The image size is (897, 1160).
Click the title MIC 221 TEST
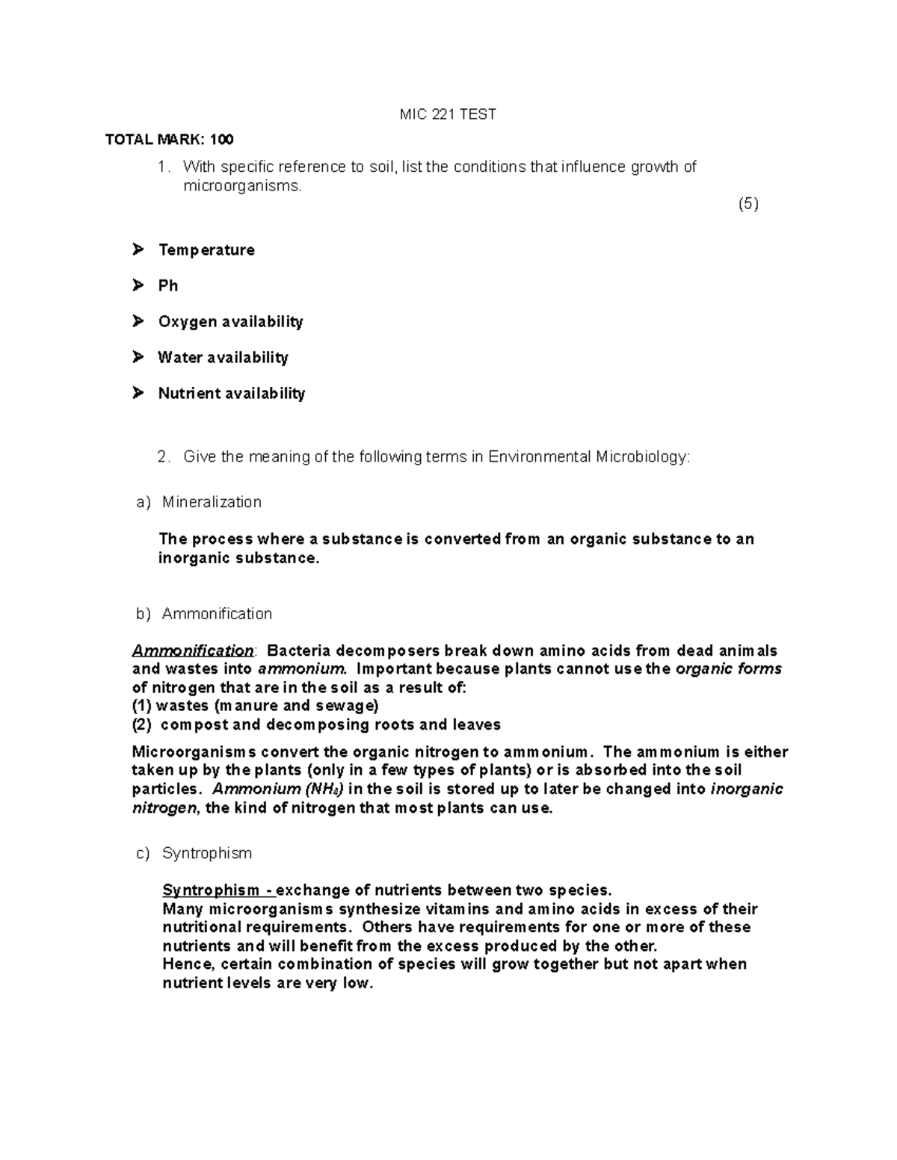448,114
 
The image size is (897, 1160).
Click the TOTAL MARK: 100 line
169,140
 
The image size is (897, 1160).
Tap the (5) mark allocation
747,204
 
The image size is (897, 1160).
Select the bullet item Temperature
206,250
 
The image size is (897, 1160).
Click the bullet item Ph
167,286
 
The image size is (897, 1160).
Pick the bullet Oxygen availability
230,322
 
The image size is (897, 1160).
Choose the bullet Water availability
223,358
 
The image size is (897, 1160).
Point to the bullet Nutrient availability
231,394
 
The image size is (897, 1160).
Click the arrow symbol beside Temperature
138,249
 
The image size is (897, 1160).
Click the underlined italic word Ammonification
193,651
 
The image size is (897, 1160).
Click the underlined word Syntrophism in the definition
211,890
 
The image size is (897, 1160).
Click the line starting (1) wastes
255,706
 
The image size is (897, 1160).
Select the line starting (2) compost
316,725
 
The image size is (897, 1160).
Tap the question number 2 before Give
164,457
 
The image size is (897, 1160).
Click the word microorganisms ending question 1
242,186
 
